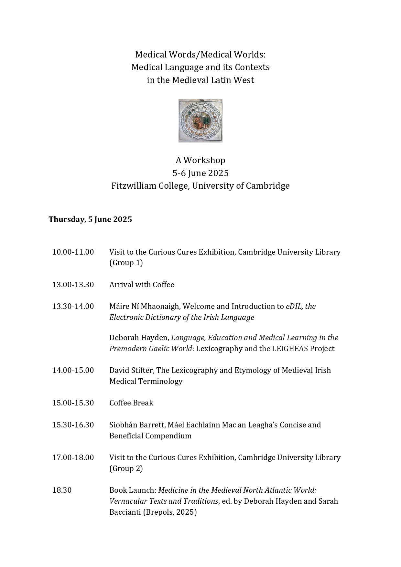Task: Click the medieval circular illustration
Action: click(200, 121)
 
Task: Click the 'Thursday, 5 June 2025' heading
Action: click(90, 219)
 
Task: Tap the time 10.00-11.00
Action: click(73, 252)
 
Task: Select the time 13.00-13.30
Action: click(73, 285)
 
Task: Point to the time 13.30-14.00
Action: click(73, 306)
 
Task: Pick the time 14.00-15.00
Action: click(73, 370)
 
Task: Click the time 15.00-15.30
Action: click(73, 403)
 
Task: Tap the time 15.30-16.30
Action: click(73, 425)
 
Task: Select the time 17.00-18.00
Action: click(73, 457)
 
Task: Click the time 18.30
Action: click(62, 490)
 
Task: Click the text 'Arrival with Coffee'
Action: click(142, 285)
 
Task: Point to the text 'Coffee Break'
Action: click(131, 403)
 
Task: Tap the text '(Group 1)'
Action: click(126, 263)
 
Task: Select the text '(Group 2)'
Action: click(126, 468)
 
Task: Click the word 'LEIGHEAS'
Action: click(290, 349)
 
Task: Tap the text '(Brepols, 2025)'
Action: click(170, 512)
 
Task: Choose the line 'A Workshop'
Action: click(200, 160)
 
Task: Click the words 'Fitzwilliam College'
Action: click(149, 186)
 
